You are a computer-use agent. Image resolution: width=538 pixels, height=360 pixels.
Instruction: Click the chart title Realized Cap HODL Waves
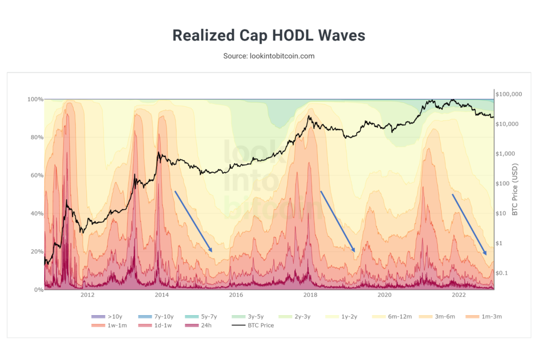point(268,36)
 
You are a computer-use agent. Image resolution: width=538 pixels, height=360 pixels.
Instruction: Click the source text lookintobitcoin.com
point(268,56)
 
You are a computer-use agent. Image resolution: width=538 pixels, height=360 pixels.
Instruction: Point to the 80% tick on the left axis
point(35,137)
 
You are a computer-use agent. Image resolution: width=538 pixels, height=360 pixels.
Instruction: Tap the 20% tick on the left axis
point(35,252)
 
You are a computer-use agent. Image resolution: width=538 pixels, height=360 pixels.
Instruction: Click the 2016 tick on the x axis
point(236,295)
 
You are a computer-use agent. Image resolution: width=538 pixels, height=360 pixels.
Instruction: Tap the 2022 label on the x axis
point(459,295)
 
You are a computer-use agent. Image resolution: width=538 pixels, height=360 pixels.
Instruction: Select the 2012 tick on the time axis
point(87,295)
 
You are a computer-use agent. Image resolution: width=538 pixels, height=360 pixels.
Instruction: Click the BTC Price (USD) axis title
point(515,190)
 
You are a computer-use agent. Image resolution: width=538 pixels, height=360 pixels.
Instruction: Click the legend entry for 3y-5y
point(253,317)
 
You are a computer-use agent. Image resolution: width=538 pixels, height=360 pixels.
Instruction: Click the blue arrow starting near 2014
point(193,221)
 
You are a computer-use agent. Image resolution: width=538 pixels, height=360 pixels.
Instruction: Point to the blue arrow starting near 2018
point(338,221)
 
